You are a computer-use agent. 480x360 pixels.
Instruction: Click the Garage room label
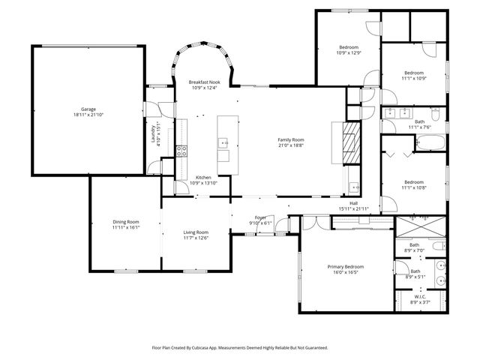(x=88, y=109)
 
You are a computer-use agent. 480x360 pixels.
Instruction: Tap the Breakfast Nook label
(x=203, y=82)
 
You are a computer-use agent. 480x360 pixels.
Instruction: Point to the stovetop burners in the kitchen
(x=181, y=151)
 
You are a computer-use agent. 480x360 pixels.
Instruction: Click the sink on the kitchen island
(x=224, y=142)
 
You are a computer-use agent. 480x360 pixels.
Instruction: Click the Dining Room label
(x=126, y=221)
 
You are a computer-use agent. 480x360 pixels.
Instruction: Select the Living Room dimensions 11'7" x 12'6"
(x=196, y=238)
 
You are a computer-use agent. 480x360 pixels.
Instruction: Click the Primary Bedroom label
(x=345, y=266)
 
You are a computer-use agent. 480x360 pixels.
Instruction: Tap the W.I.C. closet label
(x=420, y=295)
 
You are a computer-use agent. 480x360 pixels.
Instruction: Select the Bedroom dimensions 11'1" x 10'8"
(x=414, y=187)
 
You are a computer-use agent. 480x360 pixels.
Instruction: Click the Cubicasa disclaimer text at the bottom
(x=240, y=347)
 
